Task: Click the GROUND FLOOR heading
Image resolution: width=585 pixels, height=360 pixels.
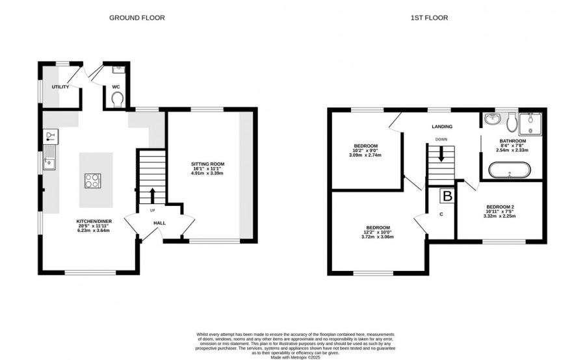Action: click(137, 18)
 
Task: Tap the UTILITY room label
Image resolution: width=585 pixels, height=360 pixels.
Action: click(60, 87)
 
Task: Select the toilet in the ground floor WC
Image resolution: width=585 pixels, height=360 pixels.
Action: click(117, 99)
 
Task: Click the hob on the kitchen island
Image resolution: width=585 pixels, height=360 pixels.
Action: click(92, 181)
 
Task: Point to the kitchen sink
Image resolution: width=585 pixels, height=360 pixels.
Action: click(49, 157)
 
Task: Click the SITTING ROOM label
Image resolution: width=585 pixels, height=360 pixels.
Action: click(208, 164)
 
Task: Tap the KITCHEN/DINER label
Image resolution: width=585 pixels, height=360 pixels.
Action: click(94, 221)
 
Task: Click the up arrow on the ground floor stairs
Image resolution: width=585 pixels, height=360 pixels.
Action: click(153, 196)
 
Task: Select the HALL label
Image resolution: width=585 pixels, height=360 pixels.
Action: click(160, 223)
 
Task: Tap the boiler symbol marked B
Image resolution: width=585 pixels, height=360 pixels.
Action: click(447, 196)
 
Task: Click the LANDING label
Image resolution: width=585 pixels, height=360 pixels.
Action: click(442, 127)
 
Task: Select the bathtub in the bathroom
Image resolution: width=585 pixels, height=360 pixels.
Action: click(509, 170)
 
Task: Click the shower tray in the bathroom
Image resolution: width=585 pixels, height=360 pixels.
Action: click(530, 124)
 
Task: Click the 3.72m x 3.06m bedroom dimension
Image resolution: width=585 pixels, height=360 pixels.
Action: click(378, 237)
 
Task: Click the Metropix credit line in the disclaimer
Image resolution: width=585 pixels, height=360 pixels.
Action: click(296, 357)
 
